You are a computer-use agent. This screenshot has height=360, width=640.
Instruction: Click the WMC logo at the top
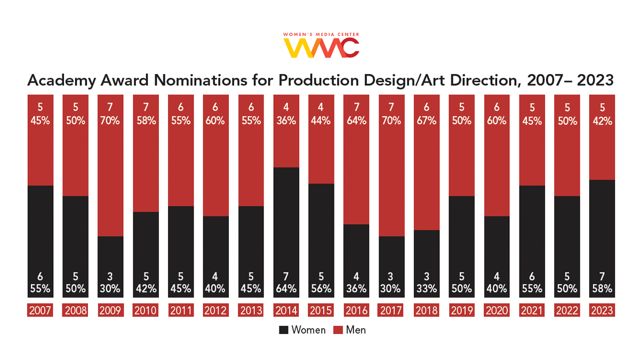[321, 46]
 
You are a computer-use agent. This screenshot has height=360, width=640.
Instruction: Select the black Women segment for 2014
[286, 232]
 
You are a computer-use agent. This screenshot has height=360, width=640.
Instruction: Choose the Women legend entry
[302, 330]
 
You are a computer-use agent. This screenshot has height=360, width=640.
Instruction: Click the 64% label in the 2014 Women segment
[286, 289]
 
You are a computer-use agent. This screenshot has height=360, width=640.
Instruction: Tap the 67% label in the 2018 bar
[427, 121]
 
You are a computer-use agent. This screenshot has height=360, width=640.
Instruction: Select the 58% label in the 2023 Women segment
[602, 289]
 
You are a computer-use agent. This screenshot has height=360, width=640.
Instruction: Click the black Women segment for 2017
[391, 267]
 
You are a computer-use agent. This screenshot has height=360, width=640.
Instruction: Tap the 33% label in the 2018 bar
[427, 289]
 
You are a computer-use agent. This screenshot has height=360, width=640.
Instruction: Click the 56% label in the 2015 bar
[321, 289]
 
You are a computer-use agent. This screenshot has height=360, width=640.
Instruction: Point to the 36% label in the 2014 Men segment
[286, 121]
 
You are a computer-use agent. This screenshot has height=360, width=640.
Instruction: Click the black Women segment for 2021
[532, 240]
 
